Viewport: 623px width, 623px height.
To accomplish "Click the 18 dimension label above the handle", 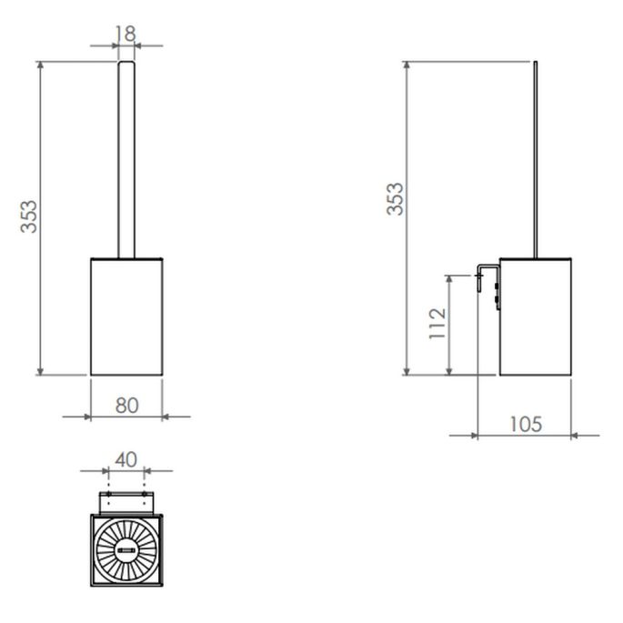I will (126, 34).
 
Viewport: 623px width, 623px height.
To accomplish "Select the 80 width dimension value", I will (126, 404).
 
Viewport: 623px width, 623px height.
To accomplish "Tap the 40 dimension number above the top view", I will (126, 459).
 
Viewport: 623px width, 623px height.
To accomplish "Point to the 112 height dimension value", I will (437, 324).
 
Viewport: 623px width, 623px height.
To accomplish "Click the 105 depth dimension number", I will (525, 423).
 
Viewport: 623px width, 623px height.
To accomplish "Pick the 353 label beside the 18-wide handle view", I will (30, 217).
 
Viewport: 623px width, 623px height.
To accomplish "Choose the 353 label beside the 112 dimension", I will (395, 199).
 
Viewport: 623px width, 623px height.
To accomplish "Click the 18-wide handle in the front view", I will (126, 159).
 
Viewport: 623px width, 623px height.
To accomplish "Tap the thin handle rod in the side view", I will (536, 159).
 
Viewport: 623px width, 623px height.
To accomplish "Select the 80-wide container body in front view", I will (126, 317).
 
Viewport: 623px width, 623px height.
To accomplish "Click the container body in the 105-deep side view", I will (536, 317).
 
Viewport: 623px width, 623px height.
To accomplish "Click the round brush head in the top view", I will (126, 553).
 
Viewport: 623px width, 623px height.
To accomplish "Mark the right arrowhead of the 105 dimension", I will (575, 436).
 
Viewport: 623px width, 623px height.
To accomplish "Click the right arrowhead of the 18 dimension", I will (139, 45).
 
